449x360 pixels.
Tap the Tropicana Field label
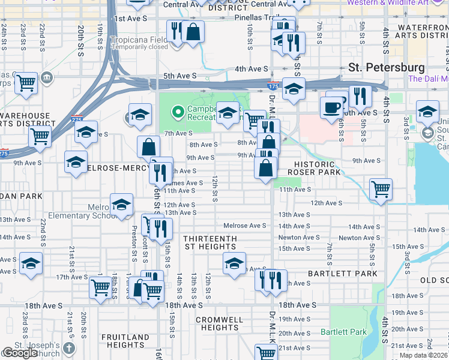tap(139, 40)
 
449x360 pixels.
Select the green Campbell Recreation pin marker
tap(177, 112)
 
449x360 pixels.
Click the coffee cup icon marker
tap(332, 108)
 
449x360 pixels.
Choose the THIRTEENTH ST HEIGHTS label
tap(210, 242)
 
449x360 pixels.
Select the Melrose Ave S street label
tap(244, 226)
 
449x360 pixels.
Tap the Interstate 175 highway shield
tap(273, 85)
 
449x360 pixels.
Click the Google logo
tap(20, 353)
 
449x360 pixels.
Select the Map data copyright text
tap(423, 355)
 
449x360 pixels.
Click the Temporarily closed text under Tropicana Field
tap(139, 47)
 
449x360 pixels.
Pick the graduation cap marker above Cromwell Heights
tap(234, 262)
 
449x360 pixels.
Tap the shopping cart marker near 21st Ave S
tap(266, 352)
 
